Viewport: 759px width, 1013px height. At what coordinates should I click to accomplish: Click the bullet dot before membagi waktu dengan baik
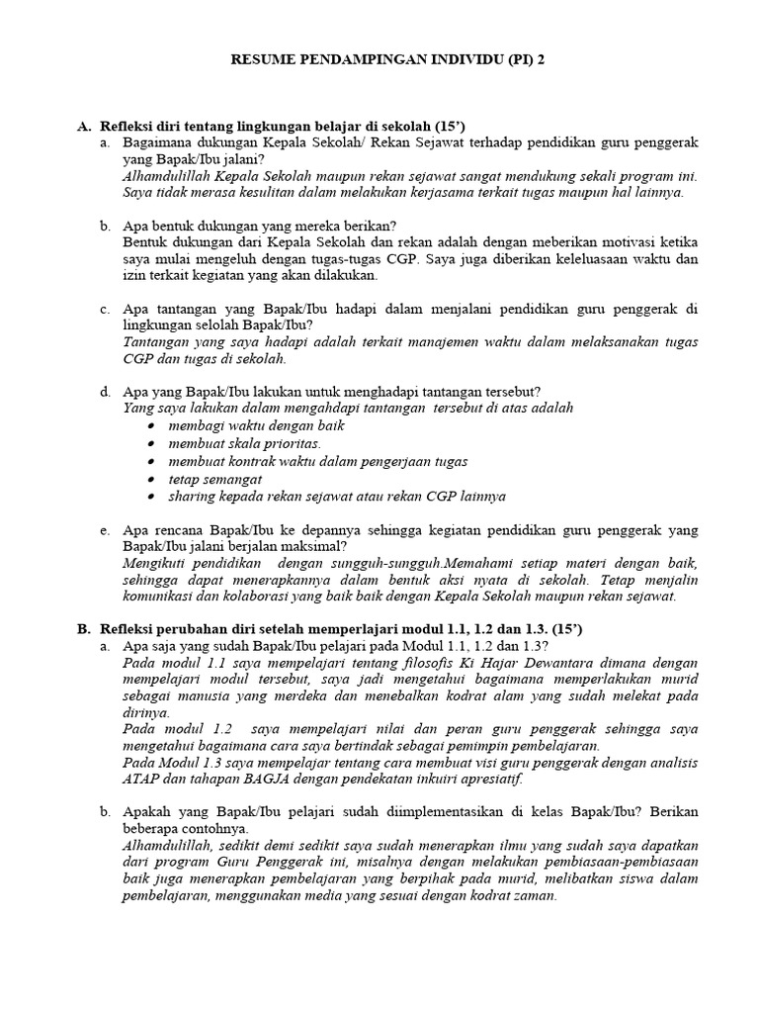149,425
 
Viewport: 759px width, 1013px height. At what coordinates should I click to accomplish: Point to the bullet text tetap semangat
214,479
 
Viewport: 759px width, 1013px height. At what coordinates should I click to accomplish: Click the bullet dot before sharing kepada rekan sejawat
149,497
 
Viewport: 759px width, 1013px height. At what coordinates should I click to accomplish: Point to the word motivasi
620,240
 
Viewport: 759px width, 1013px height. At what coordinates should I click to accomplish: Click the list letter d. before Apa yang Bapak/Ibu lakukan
105,392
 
